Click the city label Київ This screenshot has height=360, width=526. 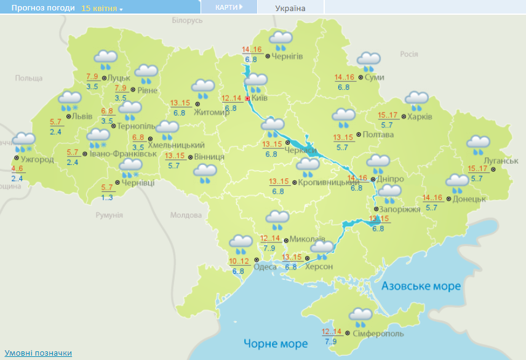coord(259,98)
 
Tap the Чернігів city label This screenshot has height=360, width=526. coord(287,56)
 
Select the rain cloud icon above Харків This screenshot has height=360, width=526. coord(416,100)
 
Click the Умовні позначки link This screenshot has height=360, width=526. coord(39,353)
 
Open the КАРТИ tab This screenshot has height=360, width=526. coord(228,7)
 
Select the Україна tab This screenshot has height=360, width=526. coord(290,8)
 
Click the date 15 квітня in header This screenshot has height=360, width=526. coord(102,9)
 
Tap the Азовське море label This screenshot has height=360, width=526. coord(421,287)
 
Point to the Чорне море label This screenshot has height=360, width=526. coord(275,343)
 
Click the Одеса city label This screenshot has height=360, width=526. coord(265,266)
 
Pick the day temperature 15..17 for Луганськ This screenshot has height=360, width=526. coord(478,169)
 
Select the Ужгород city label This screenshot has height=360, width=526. coord(38,159)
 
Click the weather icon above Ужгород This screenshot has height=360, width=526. coord(25,142)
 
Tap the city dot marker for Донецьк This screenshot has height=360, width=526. coord(448,199)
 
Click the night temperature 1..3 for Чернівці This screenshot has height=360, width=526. coord(107,198)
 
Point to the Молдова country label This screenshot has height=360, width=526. coord(186,215)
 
